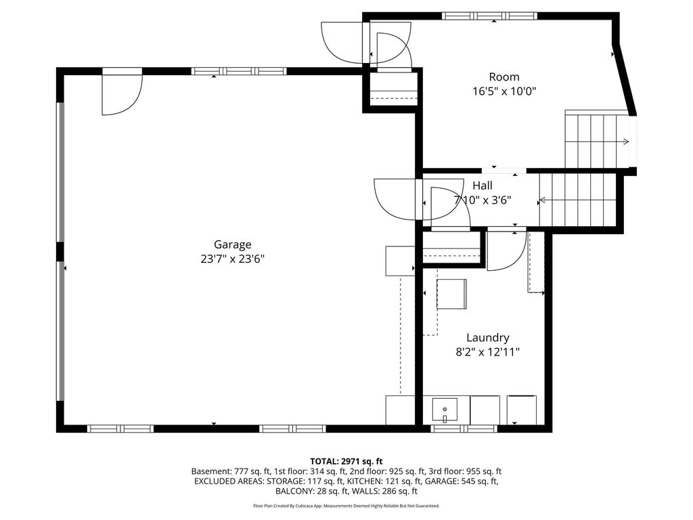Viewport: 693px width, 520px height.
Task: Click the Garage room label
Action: pos(233,244)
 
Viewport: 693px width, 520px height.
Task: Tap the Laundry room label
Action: pos(488,338)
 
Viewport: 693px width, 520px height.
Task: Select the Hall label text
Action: pos(482,186)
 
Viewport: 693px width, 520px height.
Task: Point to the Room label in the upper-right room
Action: pos(504,77)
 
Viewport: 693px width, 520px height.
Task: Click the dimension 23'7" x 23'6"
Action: pos(233,259)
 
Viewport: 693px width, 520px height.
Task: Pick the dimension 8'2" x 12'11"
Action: pos(487,352)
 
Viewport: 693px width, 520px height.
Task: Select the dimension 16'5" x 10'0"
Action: pos(504,91)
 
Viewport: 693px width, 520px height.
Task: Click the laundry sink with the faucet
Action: pos(445,411)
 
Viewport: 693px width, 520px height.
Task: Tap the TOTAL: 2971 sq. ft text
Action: pos(346,462)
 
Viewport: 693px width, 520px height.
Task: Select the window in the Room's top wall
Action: pos(490,16)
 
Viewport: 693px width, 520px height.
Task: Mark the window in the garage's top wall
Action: pos(239,70)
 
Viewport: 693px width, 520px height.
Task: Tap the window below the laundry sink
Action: pos(464,429)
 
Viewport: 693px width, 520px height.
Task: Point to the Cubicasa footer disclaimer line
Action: pos(346,505)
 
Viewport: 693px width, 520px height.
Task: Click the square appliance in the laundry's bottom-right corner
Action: pos(522,410)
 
